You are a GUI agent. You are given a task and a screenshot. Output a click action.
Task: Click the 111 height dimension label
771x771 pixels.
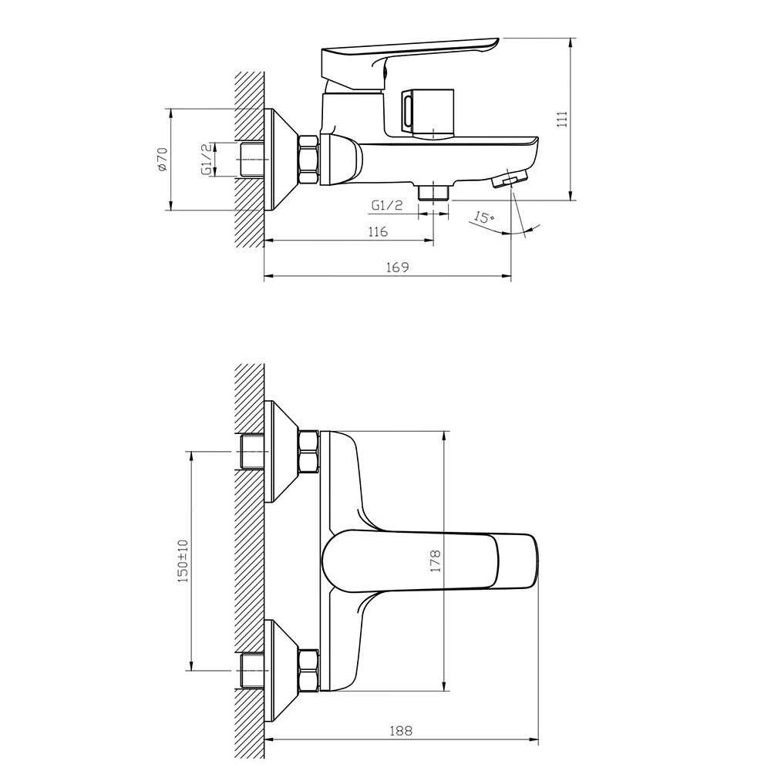click(x=562, y=120)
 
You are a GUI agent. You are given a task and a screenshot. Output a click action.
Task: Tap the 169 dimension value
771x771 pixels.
click(x=398, y=267)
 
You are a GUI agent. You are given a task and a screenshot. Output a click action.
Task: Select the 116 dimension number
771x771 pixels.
click(x=378, y=231)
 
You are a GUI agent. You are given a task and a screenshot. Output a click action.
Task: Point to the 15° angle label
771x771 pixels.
click(x=484, y=217)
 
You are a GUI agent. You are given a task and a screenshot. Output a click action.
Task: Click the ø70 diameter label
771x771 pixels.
click(x=163, y=159)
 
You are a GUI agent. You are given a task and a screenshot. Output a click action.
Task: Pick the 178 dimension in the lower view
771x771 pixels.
click(x=435, y=561)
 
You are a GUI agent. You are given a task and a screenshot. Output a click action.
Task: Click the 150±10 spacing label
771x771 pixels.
click(x=183, y=561)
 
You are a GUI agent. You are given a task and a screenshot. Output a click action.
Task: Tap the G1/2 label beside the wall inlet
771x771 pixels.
click(x=207, y=159)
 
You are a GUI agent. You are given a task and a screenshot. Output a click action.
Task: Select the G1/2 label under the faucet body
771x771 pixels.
click(x=387, y=205)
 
